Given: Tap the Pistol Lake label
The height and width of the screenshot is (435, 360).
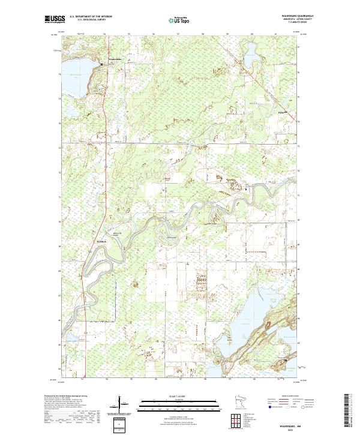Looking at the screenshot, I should click(x=275, y=113).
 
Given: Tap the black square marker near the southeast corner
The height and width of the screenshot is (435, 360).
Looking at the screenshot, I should click(x=284, y=359).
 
